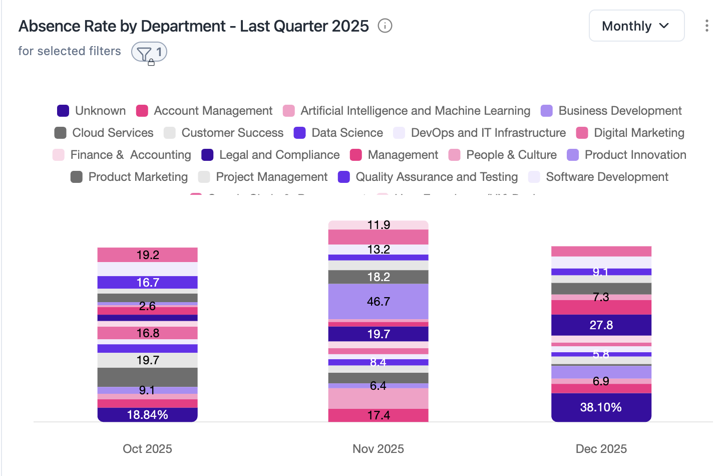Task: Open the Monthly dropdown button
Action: tap(636, 26)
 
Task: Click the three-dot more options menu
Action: tap(706, 26)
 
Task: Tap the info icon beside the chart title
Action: tap(385, 26)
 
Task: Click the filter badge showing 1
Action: tap(149, 52)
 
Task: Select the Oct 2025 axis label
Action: tap(147, 448)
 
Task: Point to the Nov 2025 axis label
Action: tap(378, 448)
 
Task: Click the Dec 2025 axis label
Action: tap(601, 448)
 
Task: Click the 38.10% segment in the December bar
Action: tap(601, 407)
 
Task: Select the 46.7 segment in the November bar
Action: tap(378, 302)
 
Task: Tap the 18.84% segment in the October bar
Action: tap(147, 415)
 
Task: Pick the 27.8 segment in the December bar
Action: tap(601, 325)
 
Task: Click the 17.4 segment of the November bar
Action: tap(378, 415)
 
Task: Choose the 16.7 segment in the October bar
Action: tap(147, 283)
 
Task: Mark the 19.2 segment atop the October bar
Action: tap(147, 255)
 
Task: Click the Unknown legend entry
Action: tap(92, 111)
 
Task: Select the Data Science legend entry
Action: tap(338, 133)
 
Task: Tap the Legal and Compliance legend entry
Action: tap(270, 155)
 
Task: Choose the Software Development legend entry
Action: tap(598, 177)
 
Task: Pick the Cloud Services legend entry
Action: tap(104, 133)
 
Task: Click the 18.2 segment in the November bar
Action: tap(378, 277)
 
